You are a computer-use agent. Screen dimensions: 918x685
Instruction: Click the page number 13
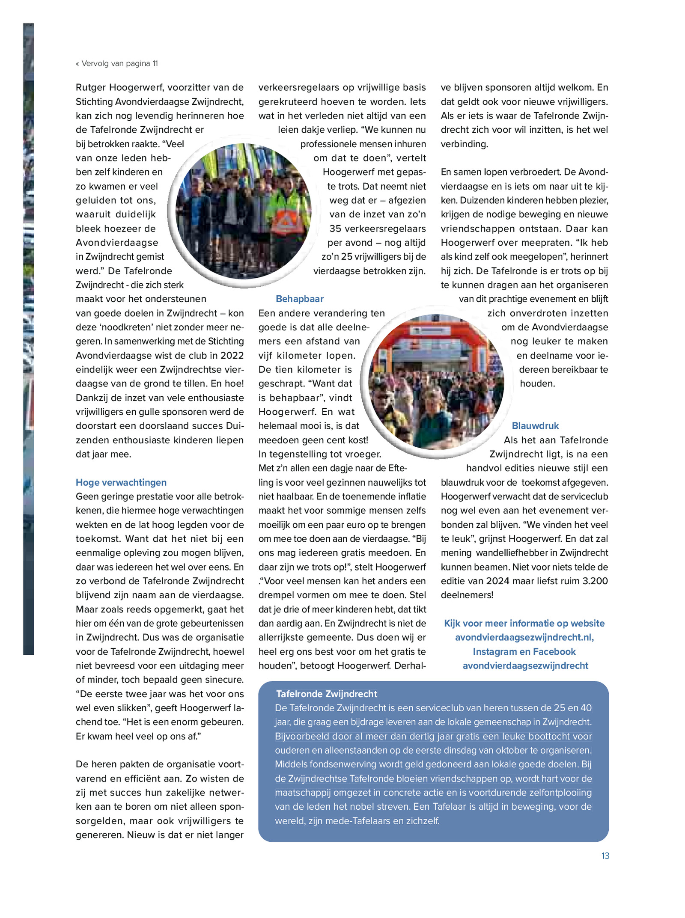click(605, 856)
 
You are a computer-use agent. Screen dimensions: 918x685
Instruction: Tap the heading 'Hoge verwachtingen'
click(121, 482)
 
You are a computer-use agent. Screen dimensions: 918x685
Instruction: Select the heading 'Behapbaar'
click(300, 299)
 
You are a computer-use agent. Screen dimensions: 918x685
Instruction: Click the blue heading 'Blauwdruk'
click(535, 426)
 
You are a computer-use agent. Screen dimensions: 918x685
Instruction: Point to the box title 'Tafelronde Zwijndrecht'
click(327, 694)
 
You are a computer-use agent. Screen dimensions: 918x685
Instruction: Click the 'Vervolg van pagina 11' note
click(117, 63)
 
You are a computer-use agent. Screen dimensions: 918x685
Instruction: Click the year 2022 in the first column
click(232, 355)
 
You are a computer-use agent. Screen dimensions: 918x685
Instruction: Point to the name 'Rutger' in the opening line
click(91, 87)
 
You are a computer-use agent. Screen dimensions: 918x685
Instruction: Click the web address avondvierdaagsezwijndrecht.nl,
click(524, 637)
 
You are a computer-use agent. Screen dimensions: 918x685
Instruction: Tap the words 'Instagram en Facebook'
click(524, 651)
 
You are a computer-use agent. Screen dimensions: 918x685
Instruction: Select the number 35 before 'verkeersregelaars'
click(336, 229)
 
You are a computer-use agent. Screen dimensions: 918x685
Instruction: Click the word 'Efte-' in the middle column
click(398, 468)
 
